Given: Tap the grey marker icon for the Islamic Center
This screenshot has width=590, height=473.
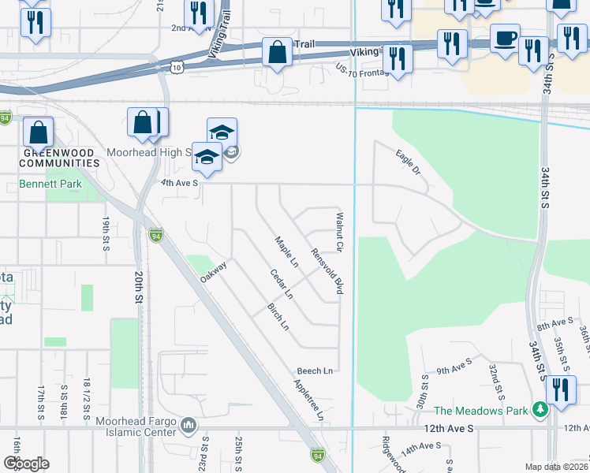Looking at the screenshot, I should click(x=189, y=426).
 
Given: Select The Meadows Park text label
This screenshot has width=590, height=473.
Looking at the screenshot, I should click(x=480, y=410).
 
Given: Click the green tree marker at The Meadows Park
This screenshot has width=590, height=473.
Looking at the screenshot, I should click(x=540, y=409).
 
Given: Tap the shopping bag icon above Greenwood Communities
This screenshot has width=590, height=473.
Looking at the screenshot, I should click(x=37, y=132).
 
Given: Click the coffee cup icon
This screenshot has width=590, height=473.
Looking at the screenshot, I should click(x=505, y=37).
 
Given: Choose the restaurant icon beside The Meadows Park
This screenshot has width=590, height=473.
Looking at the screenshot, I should click(x=561, y=389).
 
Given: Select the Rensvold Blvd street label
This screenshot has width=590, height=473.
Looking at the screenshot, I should click(x=328, y=272).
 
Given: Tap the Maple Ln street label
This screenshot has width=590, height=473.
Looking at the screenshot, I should click(x=286, y=251).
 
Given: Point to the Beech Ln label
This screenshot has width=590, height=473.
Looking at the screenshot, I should click(x=315, y=371).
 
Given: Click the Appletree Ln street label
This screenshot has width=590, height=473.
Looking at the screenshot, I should click(x=309, y=400).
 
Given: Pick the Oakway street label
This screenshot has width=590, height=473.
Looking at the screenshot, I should click(x=213, y=272).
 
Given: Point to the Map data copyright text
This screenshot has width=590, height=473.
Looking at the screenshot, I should click(x=556, y=466).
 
